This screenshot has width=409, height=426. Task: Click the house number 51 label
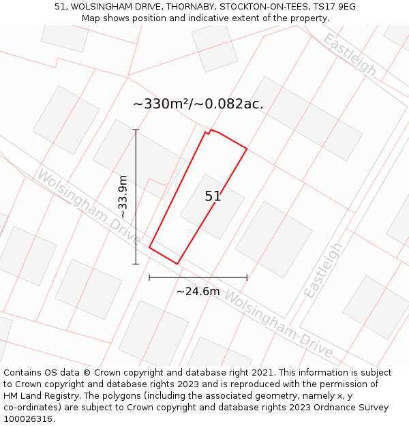click(213, 196)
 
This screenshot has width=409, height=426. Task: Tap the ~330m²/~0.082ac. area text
click(198, 104)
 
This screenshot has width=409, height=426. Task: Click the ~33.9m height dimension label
click(123, 196)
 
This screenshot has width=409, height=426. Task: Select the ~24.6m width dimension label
click(198, 292)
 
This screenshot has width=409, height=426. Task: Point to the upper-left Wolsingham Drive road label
click(89, 207)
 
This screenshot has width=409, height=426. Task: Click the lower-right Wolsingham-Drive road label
click(279, 326)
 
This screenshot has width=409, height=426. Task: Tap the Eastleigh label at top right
click(350, 55)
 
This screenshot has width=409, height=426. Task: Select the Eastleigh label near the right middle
click(323, 270)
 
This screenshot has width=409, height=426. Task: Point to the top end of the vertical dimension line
click(136, 130)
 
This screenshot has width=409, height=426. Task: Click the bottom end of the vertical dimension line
click(136, 264)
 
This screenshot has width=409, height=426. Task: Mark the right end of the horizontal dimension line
click(247, 277)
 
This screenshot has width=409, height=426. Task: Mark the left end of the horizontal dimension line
click(149, 277)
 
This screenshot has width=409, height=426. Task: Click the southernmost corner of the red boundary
click(177, 264)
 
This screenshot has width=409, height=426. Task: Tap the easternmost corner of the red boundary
click(247, 149)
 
